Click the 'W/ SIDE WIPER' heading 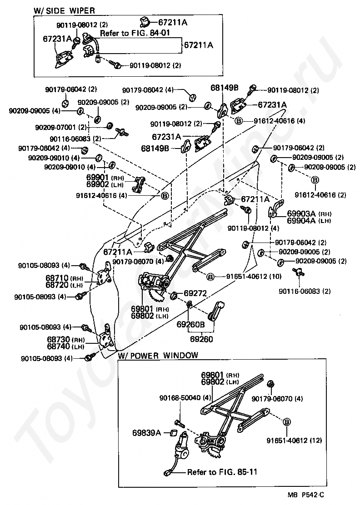tap(64, 10)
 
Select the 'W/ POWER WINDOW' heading tap(158, 356)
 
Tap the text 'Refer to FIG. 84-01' tap(135, 33)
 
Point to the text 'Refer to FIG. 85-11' tap(222, 472)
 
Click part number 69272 tap(195, 293)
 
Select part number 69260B tap(190, 325)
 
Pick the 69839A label tap(146, 433)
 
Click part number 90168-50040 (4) tap(185, 398)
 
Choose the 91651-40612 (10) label tap(254, 276)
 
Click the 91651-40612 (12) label tap(294, 440)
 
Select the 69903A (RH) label tap(309, 213)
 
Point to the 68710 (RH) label tap(64, 278)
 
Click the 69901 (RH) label tap(105, 178)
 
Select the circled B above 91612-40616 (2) tap(315, 180)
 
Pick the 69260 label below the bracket tap(201, 339)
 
